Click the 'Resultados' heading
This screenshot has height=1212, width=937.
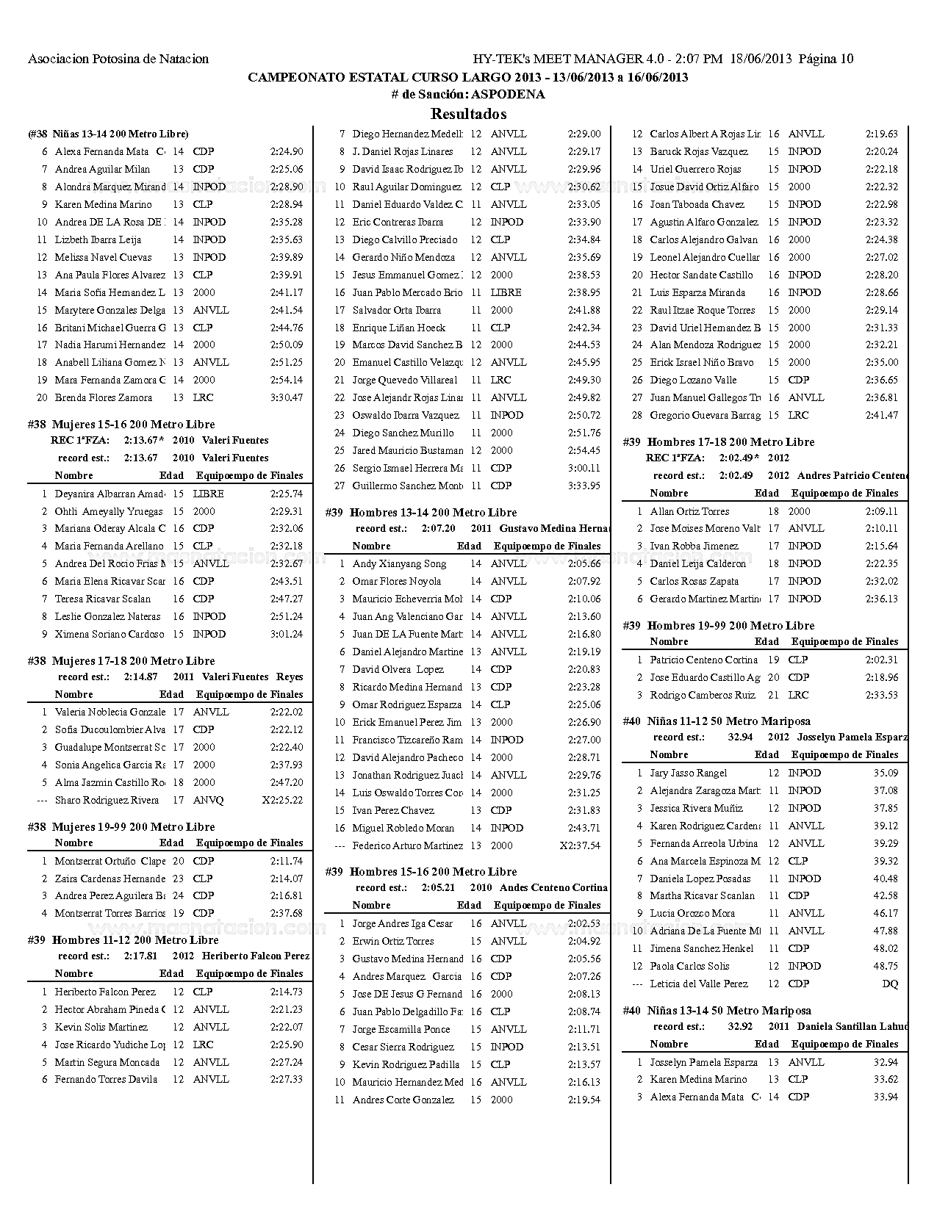click(x=468, y=114)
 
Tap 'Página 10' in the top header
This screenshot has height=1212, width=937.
click(x=826, y=59)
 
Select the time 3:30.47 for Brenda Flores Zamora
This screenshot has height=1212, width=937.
click(x=287, y=397)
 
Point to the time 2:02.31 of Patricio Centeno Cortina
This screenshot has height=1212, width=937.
click(x=881, y=660)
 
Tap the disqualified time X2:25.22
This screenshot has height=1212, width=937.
click(x=282, y=800)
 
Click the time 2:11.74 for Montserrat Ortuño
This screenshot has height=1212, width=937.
click(x=287, y=861)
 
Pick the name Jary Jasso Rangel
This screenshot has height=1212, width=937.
click(x=689, y=773)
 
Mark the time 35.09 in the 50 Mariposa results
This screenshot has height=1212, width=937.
click(x=886, y=773)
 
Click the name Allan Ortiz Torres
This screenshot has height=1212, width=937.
click(x=689, y=511)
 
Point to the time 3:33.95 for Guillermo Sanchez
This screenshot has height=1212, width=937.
click(x=584, y=486)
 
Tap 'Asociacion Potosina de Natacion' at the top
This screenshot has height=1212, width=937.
click(x=118, y=59)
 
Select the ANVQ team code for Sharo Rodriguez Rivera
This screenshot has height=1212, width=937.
click(x=208, y=800)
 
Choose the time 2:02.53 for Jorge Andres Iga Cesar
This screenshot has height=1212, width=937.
click(x=584, y=923)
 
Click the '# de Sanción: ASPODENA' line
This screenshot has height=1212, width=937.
click(x=468, y=94)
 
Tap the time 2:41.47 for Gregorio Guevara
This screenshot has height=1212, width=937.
click(x=881, y=415)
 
